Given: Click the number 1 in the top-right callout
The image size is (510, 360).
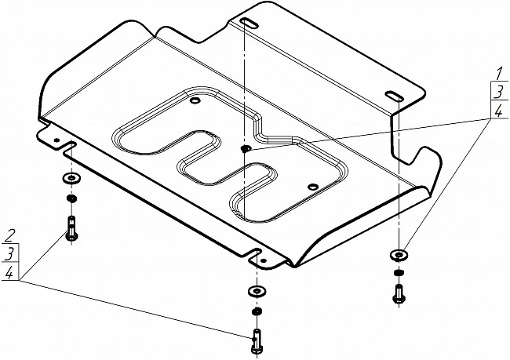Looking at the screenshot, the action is pyautogui.click(x=497, y=76).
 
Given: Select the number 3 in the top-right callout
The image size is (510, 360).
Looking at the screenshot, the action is pyautogui.click(x=497, y=93).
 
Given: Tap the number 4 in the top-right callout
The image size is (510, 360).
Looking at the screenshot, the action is pyautogui.click(x=497, y=111).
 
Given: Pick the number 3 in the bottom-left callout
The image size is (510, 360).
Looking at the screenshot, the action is pyautogui.click(x=9, y=253).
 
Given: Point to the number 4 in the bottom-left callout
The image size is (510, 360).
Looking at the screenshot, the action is pyautogui.click(x=9, y=271).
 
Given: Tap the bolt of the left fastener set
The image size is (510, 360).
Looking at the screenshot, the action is pyautogui.click(x=71, y=228).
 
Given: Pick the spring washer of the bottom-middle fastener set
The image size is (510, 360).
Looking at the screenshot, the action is pyautogui.click(x=256, y=312).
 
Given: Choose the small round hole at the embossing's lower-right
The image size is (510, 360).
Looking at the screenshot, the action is pyautogui.click(x=312, y=187).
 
